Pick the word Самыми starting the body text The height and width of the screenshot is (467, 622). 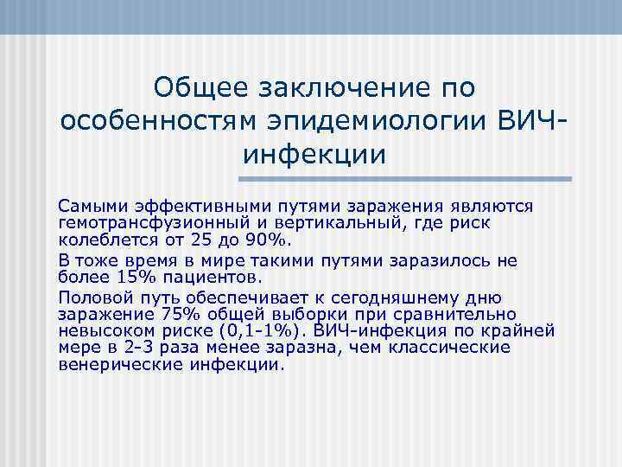point(91,207)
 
